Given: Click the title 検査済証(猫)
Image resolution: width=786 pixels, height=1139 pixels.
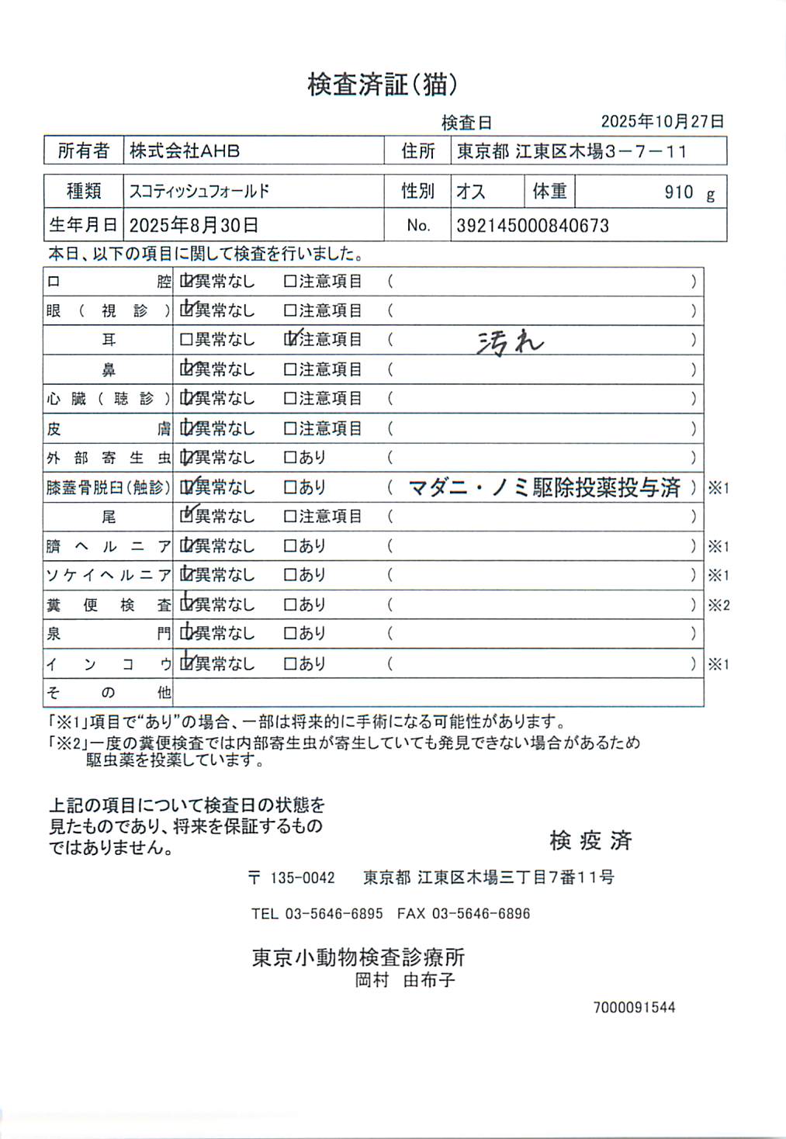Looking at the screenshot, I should (382, 85).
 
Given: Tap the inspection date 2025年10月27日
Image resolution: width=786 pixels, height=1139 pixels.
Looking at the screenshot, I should (662, 121).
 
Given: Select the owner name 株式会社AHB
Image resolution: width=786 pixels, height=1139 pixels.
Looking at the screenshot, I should (185, 151).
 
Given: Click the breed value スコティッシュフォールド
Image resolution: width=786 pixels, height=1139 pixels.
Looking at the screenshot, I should (199, 191).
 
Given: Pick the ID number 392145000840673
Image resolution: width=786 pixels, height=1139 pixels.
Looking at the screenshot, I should (532, 226).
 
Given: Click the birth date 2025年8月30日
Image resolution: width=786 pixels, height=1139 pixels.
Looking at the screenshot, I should (193, 226).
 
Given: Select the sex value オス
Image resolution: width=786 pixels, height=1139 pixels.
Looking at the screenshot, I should (470, 192).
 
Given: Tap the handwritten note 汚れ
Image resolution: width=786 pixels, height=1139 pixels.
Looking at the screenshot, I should (510, 341).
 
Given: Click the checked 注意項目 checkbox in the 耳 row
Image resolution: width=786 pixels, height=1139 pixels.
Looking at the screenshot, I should (291, 339).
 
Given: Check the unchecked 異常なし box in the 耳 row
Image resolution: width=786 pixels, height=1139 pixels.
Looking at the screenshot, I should (186, 340).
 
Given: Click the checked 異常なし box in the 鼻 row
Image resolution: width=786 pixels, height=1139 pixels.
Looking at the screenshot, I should (186, 369).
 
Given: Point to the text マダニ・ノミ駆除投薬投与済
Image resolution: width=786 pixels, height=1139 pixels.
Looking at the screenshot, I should (544, 487).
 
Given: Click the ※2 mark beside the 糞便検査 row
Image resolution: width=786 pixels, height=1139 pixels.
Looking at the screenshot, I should (718, 605).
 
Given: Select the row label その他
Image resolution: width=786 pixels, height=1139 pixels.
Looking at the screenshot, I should (108, 692).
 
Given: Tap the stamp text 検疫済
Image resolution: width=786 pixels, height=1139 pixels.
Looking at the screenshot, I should (590, 840).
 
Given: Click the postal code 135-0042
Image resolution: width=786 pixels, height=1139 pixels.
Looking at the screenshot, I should (302, 878).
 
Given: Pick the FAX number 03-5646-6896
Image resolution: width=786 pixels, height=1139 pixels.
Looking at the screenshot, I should (480, 913).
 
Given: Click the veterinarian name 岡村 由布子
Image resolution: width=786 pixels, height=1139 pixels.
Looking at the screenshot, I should (404, 980).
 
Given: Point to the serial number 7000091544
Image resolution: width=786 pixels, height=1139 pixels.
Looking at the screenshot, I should (634, 1007).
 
